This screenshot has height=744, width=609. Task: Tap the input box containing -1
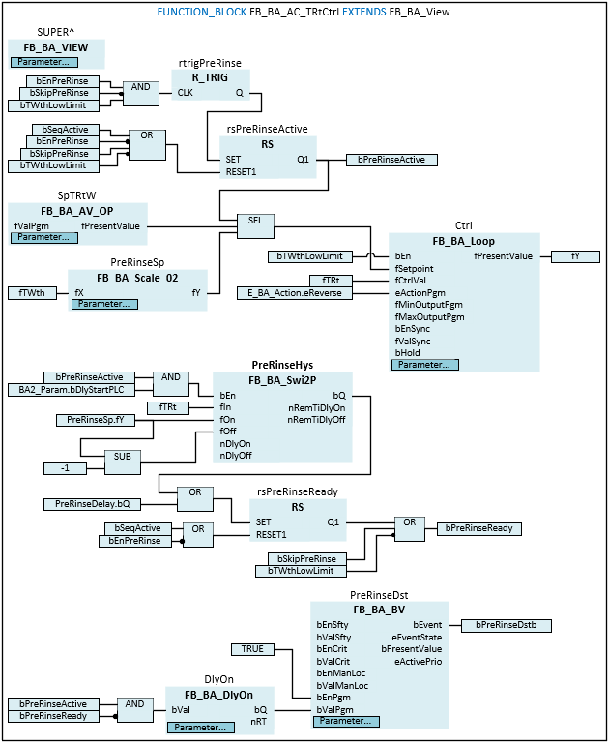click(x=65, y=468)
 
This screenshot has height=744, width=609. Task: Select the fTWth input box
click(x=32, y=292)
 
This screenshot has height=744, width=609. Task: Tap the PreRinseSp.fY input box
click(x=89, y=420)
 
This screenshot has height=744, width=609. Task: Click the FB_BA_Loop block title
click(x=463, y=240)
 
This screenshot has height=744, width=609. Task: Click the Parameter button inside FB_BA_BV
click(x=346, y=721)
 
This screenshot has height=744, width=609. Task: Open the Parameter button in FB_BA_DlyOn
click(x=197, y=727)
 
